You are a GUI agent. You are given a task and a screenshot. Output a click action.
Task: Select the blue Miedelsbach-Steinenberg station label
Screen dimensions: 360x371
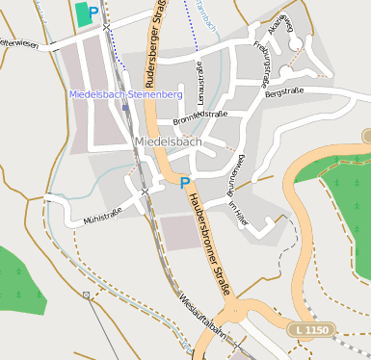point(126,94)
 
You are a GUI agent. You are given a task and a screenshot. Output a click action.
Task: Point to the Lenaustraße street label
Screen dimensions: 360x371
point(200,83)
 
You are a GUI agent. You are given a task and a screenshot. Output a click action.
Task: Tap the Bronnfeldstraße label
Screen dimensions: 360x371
point(199,117)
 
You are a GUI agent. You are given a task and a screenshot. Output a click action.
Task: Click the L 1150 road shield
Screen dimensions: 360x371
point(311,330)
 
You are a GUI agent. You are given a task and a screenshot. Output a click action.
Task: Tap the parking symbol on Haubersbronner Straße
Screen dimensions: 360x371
point(185,182)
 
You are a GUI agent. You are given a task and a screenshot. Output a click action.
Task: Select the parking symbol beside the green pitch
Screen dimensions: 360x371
point(93,13)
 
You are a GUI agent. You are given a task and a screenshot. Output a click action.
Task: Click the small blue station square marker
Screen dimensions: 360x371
point(125,108)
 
